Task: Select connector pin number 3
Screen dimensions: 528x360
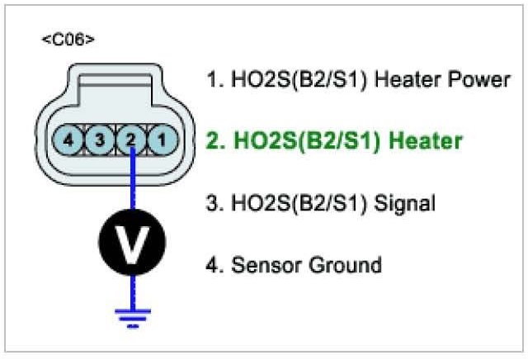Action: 100,140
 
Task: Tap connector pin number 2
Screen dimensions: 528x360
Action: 130,140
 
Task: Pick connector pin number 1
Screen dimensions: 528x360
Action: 161,140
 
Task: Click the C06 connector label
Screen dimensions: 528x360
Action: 68,40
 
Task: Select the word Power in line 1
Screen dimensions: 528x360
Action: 479,80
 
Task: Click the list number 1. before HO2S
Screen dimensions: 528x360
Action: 212,80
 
